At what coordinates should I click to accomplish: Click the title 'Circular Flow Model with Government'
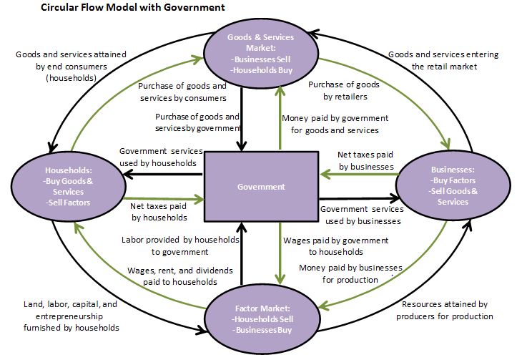pos(114,8)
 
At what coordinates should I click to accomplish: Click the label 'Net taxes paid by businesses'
pos(365,160)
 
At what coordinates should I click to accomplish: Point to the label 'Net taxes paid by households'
pos(159,211)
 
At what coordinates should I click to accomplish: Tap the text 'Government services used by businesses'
pos(360,215)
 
